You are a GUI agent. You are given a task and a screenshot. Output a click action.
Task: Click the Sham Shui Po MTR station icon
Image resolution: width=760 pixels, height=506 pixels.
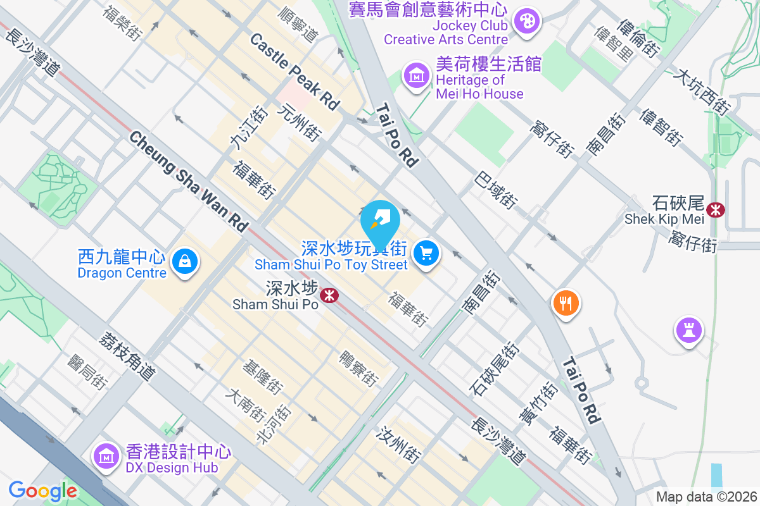coord(329,295)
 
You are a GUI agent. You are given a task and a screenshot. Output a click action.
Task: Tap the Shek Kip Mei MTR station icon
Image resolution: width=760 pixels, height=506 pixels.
coord(716,209)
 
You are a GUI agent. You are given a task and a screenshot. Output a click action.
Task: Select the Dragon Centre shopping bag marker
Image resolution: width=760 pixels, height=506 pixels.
coord(185,261)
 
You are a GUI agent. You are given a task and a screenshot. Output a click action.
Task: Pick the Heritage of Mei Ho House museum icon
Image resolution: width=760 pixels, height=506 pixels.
coord(417,76)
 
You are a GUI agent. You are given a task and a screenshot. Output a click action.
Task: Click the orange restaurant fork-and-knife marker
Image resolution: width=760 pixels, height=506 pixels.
coord(566,303)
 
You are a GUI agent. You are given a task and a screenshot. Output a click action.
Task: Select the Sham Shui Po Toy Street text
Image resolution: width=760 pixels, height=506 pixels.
coord(331,264)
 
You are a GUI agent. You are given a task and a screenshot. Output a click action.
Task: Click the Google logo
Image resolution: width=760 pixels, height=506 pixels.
coord(42,491)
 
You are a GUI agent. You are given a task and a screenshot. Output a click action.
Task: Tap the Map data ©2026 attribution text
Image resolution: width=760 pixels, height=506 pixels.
coord(706,497)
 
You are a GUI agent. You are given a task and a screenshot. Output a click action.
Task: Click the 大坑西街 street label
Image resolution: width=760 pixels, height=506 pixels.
coord(700,92)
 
